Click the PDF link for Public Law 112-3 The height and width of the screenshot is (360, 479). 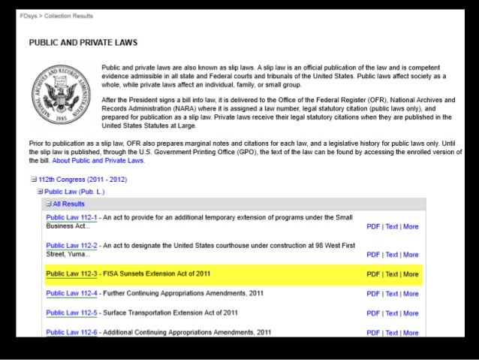coord(373,274)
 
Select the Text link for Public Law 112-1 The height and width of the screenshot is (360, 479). coord(392,226)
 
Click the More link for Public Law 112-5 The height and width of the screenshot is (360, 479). coord(411,313)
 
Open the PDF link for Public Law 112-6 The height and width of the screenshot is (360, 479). coord(373,333)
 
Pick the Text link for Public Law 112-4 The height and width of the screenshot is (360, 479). coord(392,294)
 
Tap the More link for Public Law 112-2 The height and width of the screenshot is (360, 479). coord(411,255)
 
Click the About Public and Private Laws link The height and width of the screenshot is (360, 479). coord(107,160)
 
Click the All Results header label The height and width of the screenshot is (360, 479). coord(68,204)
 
